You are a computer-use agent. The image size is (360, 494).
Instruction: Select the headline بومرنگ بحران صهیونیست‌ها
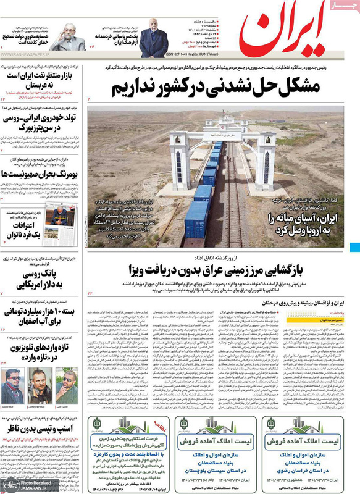(x=41, y=175)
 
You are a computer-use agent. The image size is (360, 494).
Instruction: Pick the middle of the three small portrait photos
(x=40, y=387)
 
